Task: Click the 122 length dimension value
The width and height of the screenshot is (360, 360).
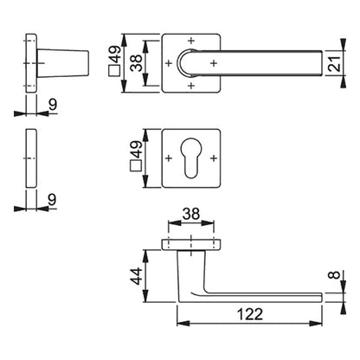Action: pyautogui.click(x=250, y=314)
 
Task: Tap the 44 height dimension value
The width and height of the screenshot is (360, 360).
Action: pyautogui.click(x=136, y=276)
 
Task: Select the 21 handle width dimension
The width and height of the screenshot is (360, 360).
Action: pyautogui.click(x=335, y=63)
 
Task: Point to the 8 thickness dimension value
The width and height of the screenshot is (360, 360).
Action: pyautogui.click(x=335, y=274)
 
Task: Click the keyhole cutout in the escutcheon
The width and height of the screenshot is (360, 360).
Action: pyautogui.click(x=190, y=157)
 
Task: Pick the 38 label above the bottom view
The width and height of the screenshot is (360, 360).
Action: pyautogui.click(x=191, y=215)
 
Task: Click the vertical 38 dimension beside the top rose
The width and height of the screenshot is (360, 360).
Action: pyautogui.click(x=137, y=63)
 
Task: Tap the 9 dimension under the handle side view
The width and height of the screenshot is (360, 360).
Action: pyautogui.click(x=53, y=104)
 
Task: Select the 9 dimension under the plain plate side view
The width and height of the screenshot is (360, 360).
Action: pyautogui.click(x=53, y=199)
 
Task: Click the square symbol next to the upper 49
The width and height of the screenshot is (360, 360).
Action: pyautogui.click(x=114, y=71)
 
